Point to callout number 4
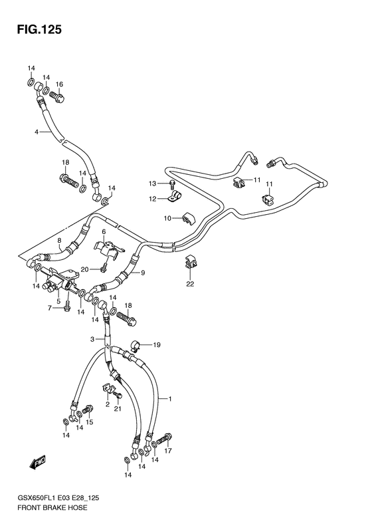click(x=38, y=132)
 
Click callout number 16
click(x=59, y=84)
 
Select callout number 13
click(x=151, y=184)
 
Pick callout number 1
click(x=170, y=399)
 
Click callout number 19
click(x=157, y=345)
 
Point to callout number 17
click(x=168, y=451)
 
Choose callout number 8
click(x=59, y=241)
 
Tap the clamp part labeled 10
click(x=186, y=218)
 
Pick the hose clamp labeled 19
click(x=136, y=345)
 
